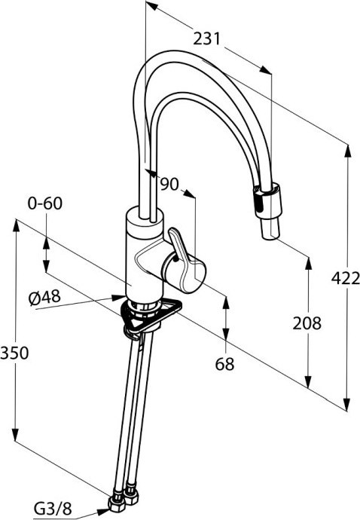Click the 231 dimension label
(206, 38)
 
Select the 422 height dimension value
(346, 278)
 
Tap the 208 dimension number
(307, 323)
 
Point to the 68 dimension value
(224, 364)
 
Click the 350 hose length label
(14, 353)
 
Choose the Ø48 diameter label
(44, 297)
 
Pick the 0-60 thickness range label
(44, 203)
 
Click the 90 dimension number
(169, 184)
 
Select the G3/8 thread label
(53, 509)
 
